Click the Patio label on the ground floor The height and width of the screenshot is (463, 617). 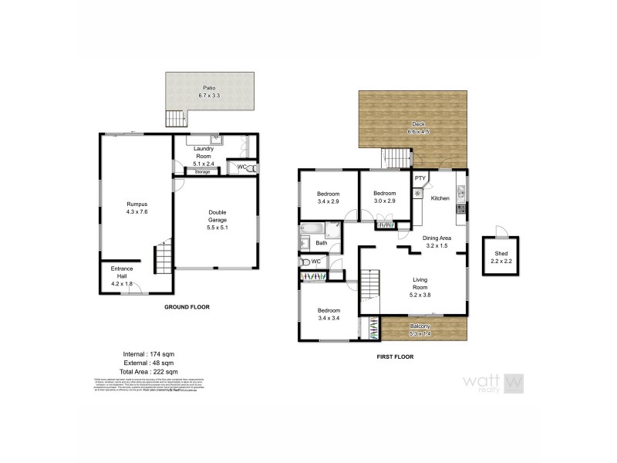[x=209, y=88]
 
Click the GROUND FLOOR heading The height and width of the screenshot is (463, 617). [x=187, y=307]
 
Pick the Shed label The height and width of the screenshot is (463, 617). [x=501, y=255]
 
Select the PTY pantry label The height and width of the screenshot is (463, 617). [x=420, y=179]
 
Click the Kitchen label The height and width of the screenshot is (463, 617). [x=440, y=198]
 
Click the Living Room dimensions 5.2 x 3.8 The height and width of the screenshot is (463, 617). [x=420, y=294]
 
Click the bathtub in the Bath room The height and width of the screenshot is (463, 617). [x=313, y=229]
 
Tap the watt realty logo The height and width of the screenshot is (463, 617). [x=494, y=381]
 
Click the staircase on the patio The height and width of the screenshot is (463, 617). [x=176, y=118]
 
